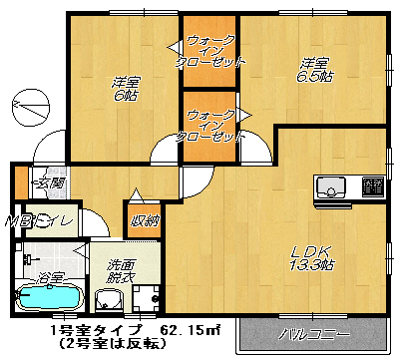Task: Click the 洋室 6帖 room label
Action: tap(124, 89)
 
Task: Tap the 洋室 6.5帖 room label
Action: tap(315, 72)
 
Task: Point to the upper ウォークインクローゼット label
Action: tap(208, 50)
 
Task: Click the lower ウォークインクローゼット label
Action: tap(208, 124)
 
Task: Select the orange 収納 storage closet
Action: tap(141, 220)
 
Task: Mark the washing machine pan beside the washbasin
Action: tap(146, 297)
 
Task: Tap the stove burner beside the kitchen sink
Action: tap(372, 185)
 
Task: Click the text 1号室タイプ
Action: tap(86, 329)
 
